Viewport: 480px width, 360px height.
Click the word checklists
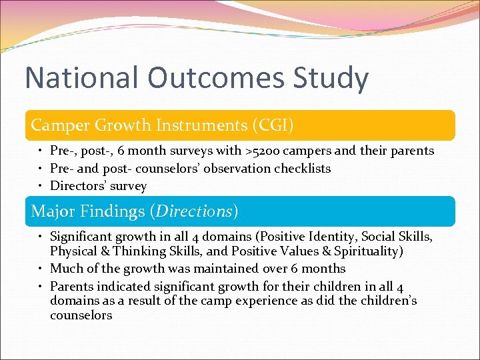(301, 169)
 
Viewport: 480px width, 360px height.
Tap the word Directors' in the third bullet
(75, 186)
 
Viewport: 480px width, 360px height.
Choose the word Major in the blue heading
(55, 211)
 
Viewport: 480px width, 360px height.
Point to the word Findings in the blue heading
(114, 211)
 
